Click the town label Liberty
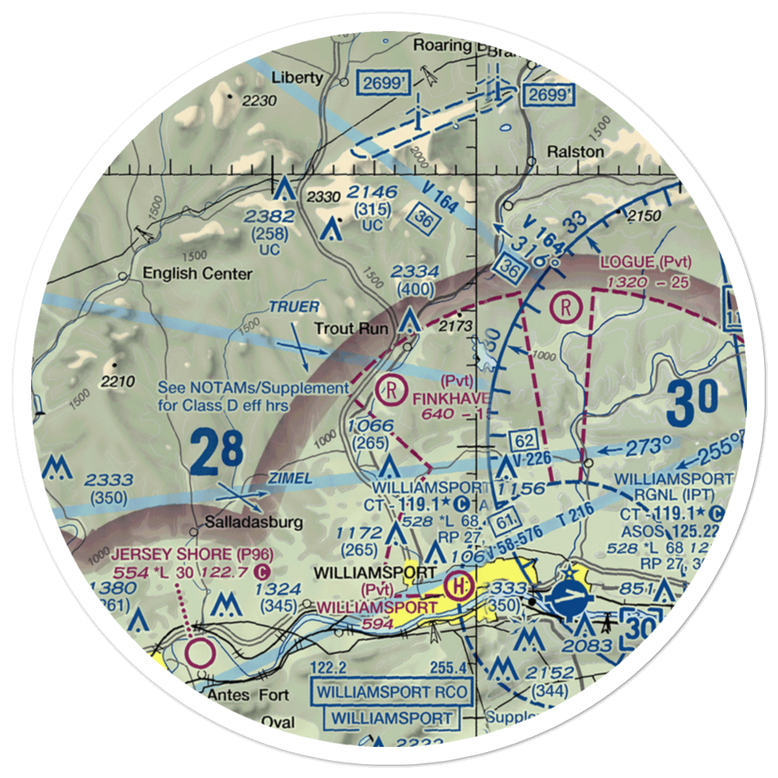tap(296, 77)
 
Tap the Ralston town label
tap(574, 152)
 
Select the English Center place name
tap(197, 274)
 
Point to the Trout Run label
tap(351, 328)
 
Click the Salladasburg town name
tap(253, 523)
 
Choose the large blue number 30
tap(692, 402)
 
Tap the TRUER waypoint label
tap(294, 307)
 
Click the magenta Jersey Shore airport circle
tap(199, 651)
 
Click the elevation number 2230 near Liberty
tap(258, 100)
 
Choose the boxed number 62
tap(522, 440)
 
